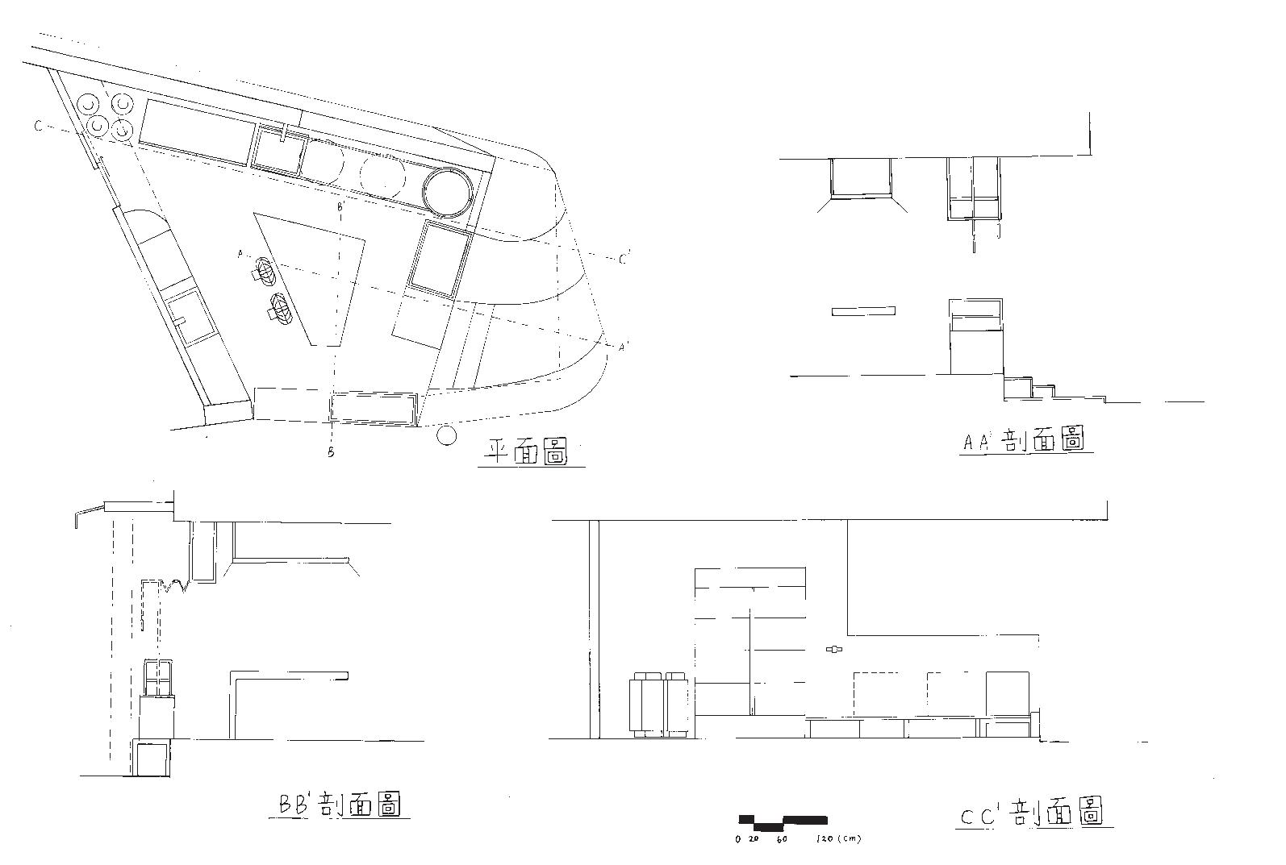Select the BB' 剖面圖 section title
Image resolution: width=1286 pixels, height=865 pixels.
[x=340, y=805]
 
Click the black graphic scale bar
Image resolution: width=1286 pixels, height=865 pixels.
[x=783, y=822]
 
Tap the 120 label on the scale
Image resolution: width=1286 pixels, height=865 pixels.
[x=825, y=839]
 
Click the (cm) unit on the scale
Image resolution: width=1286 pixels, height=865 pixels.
[x=850, y=839]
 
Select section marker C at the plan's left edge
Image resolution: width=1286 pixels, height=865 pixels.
[x=38, y=126]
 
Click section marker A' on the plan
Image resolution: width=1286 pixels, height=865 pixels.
[x=623, y=347]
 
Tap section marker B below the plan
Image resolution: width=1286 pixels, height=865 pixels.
[x=331, y=452]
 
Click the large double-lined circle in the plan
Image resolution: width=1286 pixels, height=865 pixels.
[x=446, y=193]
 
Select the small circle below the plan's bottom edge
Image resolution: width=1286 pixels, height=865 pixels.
[x=445, y=436]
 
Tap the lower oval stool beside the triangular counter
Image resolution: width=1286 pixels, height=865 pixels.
[x=282, y=308]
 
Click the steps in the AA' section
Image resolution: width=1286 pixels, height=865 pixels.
[x=1049, y=390]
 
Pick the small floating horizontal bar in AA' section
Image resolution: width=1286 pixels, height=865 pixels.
[x=863, y=311]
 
